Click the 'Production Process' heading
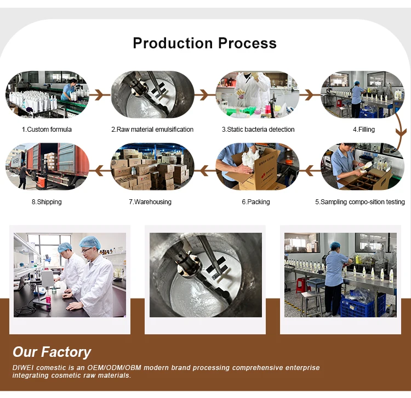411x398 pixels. [x=204, y=43]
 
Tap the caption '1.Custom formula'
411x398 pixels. [x=47, y=130]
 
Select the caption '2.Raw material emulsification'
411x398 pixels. [x=152, y=130]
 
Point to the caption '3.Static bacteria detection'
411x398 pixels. [x=258, y=130]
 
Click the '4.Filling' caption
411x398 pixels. [x=363, y=130]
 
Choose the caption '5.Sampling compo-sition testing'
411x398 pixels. [x=360, y=202]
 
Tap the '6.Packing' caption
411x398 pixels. [x=256, y=202]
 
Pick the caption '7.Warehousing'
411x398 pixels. [x=150, y=202]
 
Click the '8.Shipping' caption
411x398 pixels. [x=47, y=202]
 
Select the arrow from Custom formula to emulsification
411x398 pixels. [x=99, y=96]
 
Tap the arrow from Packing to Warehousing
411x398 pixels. [x=205, y=171]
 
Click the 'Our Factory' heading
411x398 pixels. [x=52, y=352]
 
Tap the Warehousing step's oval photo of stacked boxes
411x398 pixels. [x=152, y=167]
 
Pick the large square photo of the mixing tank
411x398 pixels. [x=206, y=275]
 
